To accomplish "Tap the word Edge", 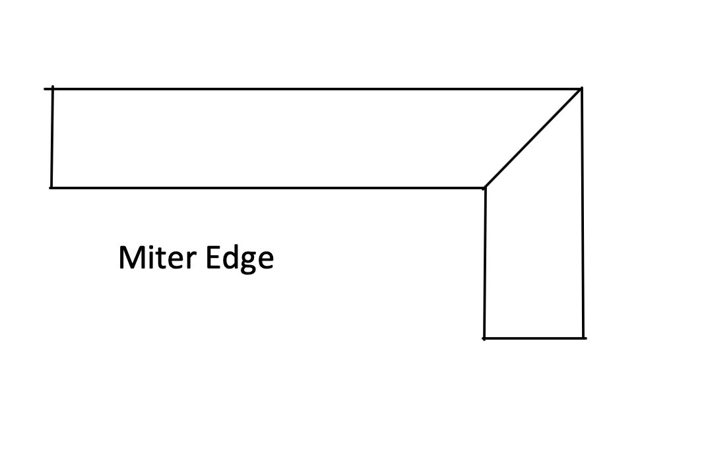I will click(239, 259).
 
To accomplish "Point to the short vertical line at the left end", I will click(52, 137).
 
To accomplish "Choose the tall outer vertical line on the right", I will click(583, 211).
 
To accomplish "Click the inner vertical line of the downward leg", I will click(485, 264).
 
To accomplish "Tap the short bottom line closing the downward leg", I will click(534, 338).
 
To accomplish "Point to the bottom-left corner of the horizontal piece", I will click(51, 187).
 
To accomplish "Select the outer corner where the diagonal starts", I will click(581, 88).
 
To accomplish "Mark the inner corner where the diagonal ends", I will click(485, 187).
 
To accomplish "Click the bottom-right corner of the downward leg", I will click(583, 338).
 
